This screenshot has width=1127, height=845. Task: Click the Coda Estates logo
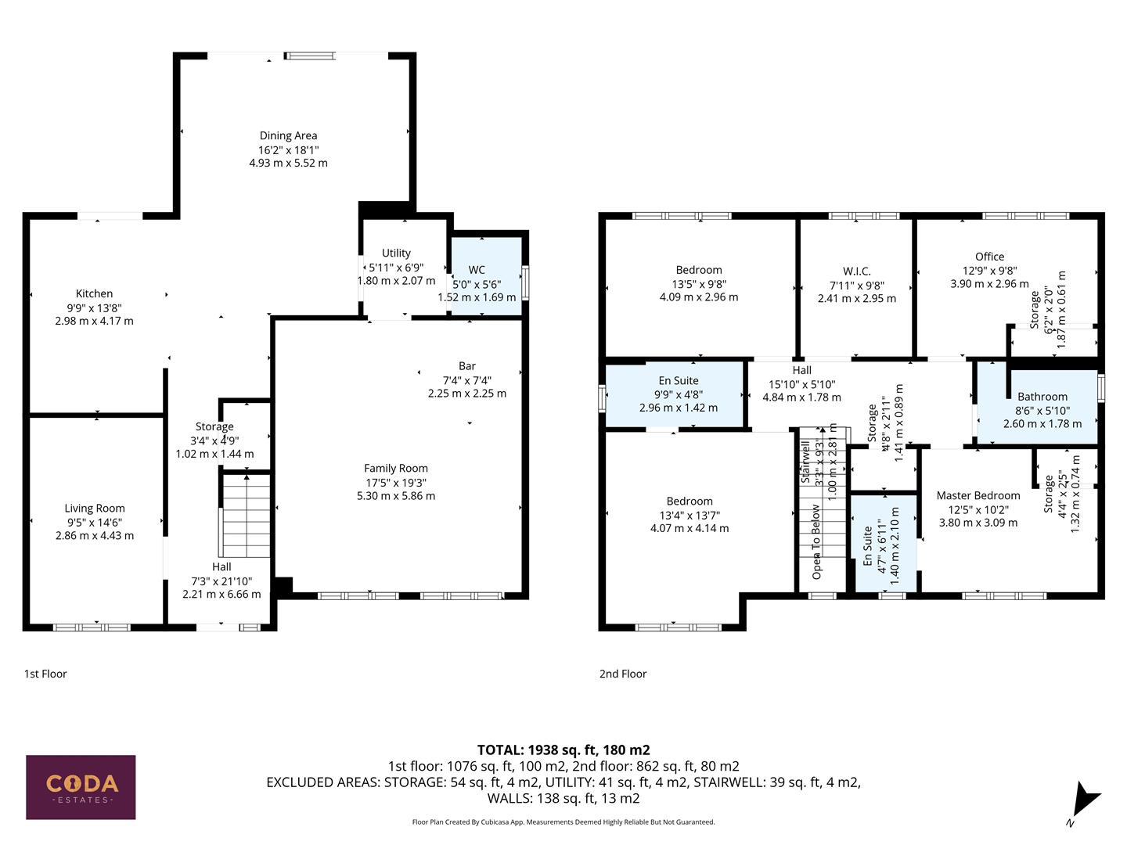point(81,786)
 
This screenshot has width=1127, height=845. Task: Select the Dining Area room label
point(288,136)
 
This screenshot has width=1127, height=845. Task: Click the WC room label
point(477,270)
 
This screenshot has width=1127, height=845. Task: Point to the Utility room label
point(396,253)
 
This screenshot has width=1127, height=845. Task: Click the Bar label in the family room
point(467,366)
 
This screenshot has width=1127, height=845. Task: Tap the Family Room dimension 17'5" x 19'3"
point(396,482)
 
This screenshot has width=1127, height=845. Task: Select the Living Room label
point(95,509)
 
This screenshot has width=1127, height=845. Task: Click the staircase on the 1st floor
point(247,516)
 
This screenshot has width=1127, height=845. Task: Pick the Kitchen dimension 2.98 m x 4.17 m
point(95,321)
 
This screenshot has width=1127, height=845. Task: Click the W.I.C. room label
point(857,271)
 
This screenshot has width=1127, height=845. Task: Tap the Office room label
point(989,257)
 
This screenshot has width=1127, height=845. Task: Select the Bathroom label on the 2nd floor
point(1042,397)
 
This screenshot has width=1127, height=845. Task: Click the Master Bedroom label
point(978,495)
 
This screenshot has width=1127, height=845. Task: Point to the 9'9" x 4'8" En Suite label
point(679,394)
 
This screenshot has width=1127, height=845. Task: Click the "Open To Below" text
point(816,541)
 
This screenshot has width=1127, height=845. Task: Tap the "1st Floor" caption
point(45,674)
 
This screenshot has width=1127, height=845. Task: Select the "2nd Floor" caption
point(623,674)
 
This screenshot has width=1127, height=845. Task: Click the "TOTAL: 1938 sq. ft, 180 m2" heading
point(563,750)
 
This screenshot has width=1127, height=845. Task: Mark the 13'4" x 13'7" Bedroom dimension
point(690,515)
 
